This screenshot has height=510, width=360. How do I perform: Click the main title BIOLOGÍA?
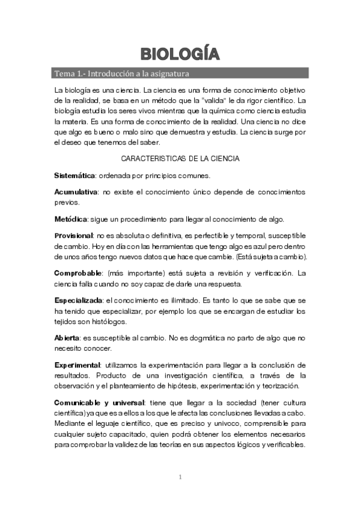click(180, 54)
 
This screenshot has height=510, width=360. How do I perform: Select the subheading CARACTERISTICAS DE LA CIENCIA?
click(180, 159)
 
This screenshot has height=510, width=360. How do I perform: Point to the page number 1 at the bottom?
click(180, 478)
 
